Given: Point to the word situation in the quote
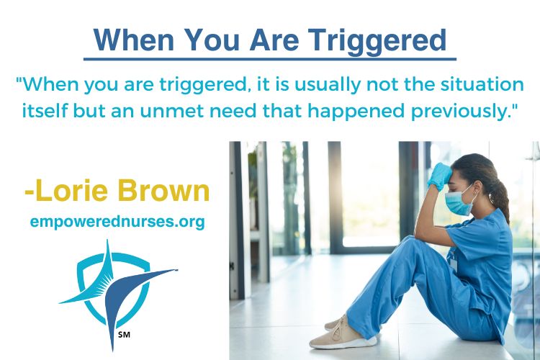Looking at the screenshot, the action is pyautogui.click(x=482, y=84).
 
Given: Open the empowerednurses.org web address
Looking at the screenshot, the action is pyautogui.click(x=117, y=222).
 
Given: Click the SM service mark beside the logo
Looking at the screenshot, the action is pyautogui.click(x=124, y=334).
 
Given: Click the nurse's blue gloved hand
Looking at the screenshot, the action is pyautogui.click(x=438, y=176).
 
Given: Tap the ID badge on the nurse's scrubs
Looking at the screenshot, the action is pyautogui.click(x=453, y=263).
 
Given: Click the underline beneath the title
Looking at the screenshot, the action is pyautogui.click(x=270, y=59).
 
